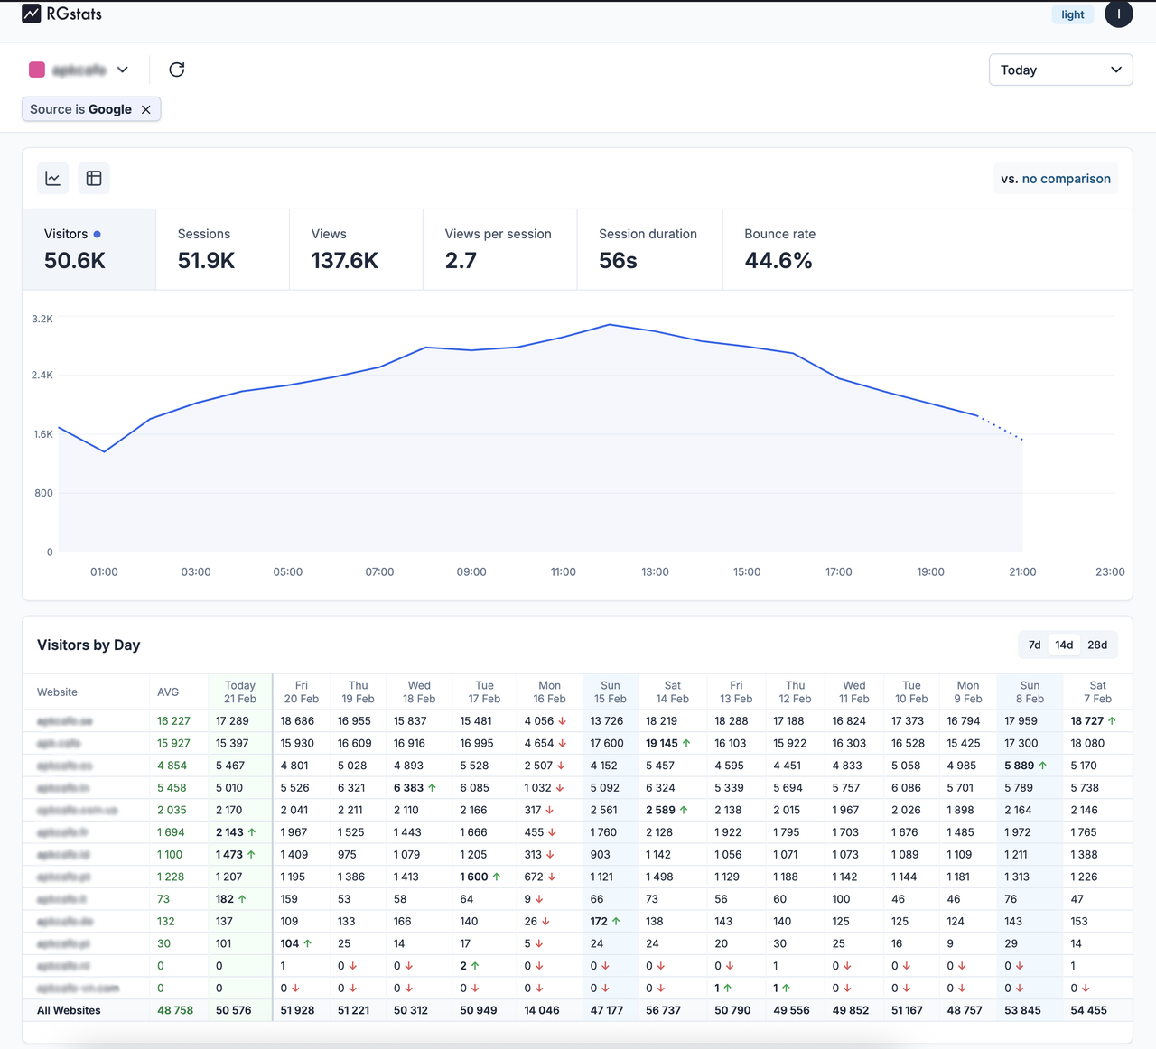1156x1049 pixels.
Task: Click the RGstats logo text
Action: click(74, 14)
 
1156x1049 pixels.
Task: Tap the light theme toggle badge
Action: click(1072, 14)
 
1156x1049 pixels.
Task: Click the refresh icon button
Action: click(177, 70)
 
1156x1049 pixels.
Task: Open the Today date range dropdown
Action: click(1060, 70)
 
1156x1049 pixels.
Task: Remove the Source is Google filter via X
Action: click(146, 109)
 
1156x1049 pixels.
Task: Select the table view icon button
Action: click(94, 179)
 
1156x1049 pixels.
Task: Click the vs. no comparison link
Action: click(1056, 179)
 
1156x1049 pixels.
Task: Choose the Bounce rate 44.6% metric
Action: click(778, 249)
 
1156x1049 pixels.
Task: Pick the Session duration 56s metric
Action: click(648, 249)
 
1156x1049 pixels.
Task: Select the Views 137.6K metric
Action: click(344, 249)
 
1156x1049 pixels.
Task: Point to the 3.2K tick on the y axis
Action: click(42, 319)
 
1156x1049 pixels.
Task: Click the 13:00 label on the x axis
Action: click(655, 571)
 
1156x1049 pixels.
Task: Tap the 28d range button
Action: click(1097, 645)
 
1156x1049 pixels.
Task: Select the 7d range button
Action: click(1035, 645)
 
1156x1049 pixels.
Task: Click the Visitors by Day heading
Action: click(89, 645)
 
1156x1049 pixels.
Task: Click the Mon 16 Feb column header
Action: click(549, 692)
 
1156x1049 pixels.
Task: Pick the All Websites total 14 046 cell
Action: click(542, 1010)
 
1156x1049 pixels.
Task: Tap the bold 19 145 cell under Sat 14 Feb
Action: click(662, 743)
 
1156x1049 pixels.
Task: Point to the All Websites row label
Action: click(69, 1010)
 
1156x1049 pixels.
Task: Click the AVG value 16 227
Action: click(173, 721)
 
